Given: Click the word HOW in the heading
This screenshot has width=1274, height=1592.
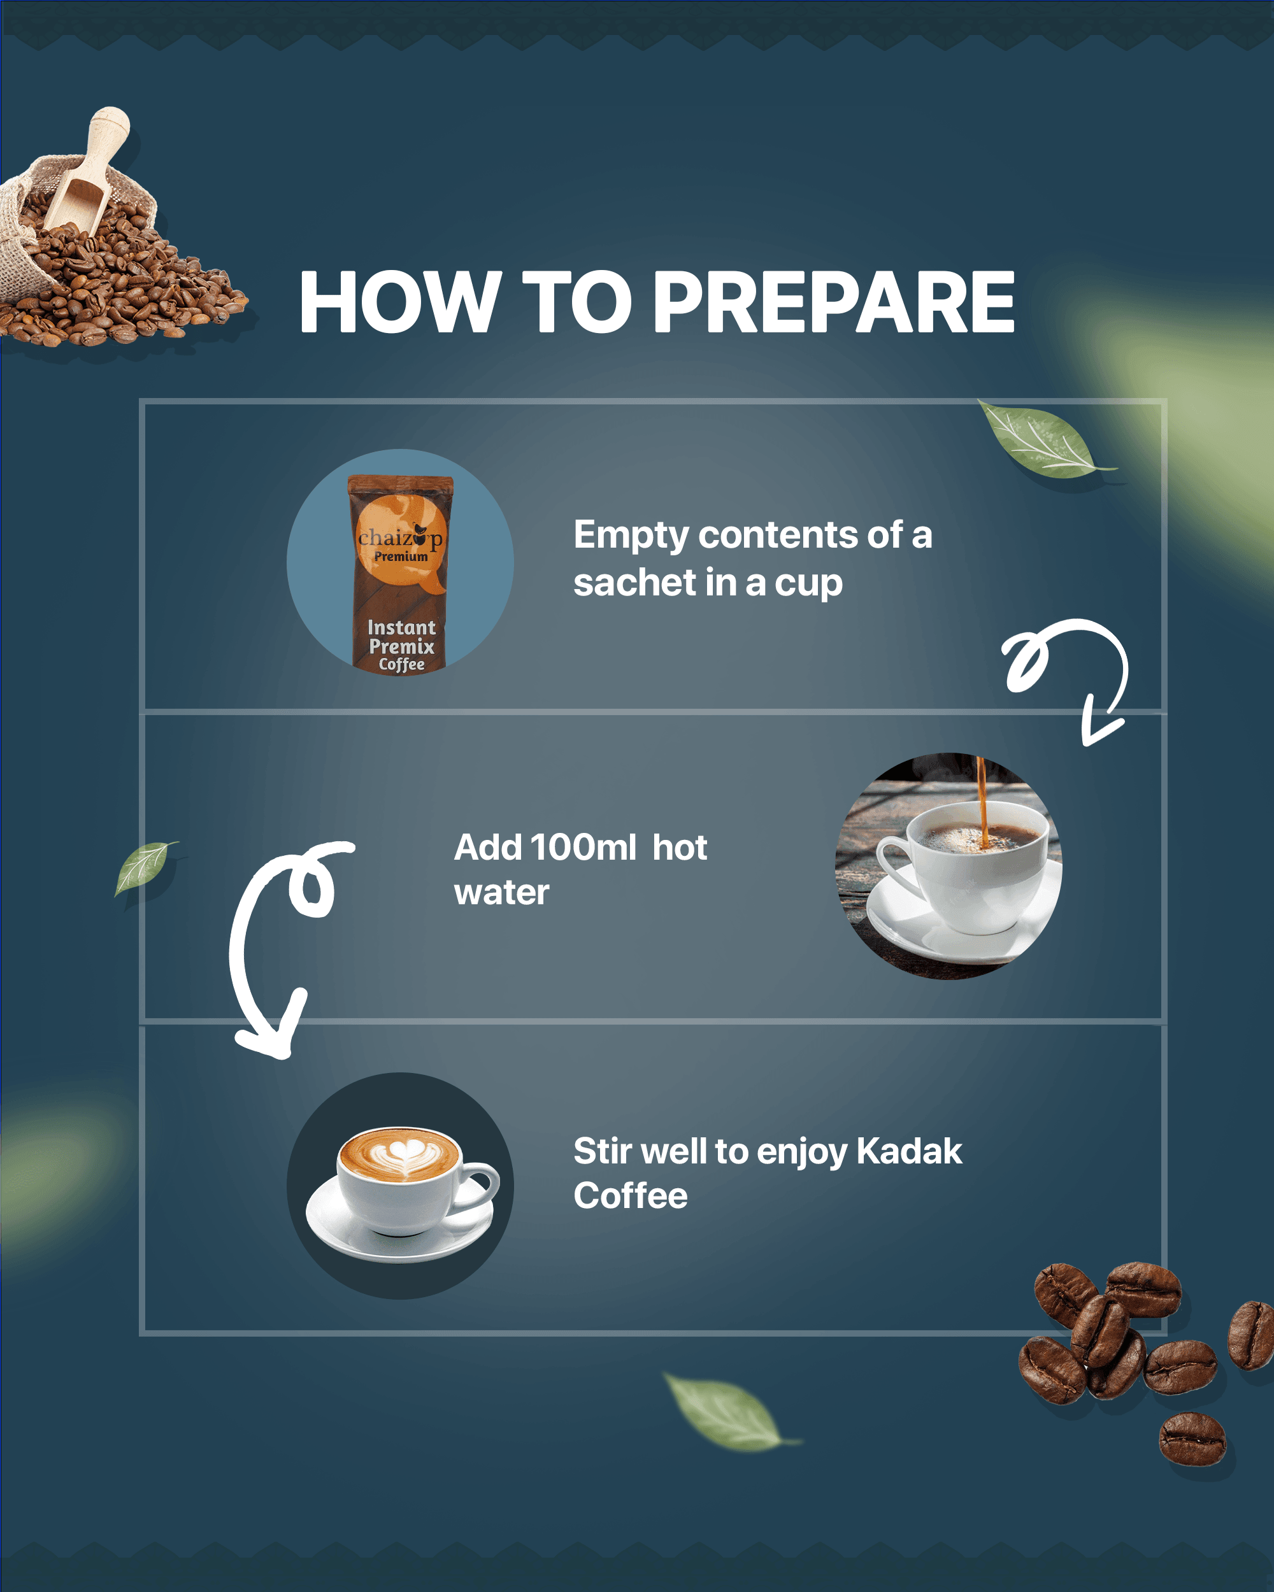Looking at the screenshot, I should pos(399,302).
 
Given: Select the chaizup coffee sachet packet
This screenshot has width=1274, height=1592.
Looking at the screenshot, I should pos(400,572).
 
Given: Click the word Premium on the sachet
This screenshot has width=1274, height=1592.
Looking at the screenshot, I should pos(400,557).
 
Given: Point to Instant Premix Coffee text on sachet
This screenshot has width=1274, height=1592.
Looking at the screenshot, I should pos(401,645).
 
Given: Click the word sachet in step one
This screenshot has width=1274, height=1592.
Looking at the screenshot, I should pos(633,583).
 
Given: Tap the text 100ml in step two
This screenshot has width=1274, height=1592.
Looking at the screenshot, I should pos(583,847).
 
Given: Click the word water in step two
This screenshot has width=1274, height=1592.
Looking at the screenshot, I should pos(501,892).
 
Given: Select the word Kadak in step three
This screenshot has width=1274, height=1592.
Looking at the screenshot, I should pos(908,1151).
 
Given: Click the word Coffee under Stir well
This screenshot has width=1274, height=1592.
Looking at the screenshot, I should pos(630,1195).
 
